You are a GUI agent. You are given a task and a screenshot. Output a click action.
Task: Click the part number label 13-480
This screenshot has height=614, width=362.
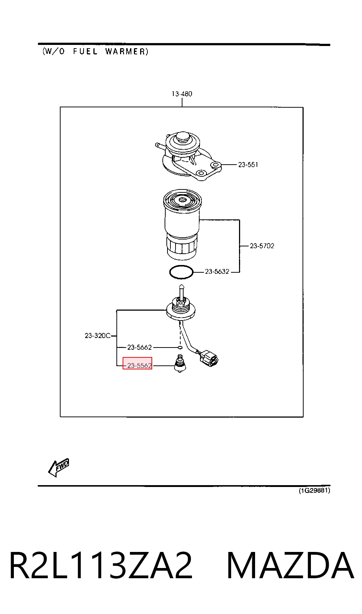(x=182, y=94)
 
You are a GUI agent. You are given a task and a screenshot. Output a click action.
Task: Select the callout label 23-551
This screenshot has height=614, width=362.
(x=248, y=165)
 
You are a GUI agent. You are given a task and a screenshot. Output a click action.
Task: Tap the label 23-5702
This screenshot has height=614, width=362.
(x=262, y=246)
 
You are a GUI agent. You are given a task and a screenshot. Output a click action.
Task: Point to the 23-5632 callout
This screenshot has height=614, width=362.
(x=217, y=271)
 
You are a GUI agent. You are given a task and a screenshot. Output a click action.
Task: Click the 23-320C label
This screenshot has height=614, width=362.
(x=97, y=335)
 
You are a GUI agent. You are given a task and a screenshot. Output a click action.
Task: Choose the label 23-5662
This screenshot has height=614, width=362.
(x=139, y=347)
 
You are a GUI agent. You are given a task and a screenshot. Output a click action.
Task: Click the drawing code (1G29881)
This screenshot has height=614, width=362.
(x=314, y=490)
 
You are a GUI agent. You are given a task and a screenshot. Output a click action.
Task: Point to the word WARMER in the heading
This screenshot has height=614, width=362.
(x=127, y=51)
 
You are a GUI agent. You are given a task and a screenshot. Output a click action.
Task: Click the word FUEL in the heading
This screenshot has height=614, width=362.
(x=85, y=51)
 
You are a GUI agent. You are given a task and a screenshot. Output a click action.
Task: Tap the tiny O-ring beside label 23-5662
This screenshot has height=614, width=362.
(x=180, y=348)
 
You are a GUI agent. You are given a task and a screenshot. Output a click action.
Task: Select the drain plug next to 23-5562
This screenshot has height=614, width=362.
(x=180, y=364)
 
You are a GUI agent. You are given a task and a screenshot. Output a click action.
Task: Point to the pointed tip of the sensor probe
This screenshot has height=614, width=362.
(x=181, y=285)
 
